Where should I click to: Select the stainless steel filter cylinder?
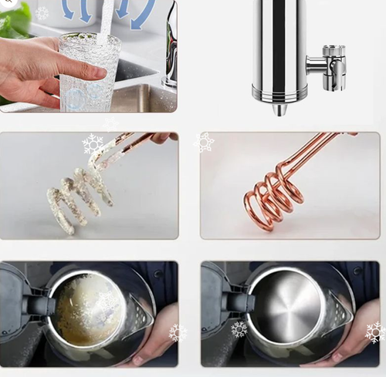(x=278, y=50)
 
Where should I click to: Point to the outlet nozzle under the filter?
(x=279, y=109)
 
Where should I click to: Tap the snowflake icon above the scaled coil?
(x=93, y=144)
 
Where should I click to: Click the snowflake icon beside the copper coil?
(x=205, y=142)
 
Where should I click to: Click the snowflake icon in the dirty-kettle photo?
(x=178, y=332)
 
